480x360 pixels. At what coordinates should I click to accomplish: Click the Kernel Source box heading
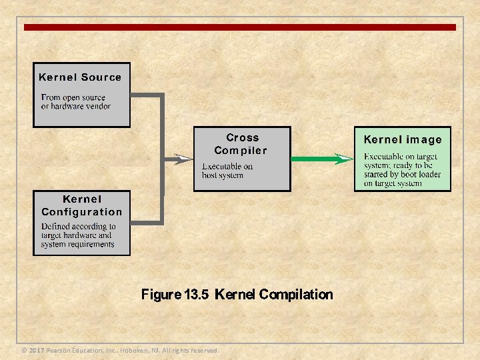click(x=80, y=77)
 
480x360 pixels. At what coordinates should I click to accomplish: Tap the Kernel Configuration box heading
click(x=82, y=205)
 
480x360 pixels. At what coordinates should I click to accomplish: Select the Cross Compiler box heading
click(x=241, y=144)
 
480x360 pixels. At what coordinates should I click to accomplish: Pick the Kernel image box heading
click(x=403, y=140)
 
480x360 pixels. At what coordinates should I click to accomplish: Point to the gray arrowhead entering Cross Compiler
click(x=183, y=159)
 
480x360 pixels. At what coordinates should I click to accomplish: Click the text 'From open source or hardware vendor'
click(x=75, y=102)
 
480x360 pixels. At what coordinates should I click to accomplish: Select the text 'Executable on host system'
click(x=227, y=171)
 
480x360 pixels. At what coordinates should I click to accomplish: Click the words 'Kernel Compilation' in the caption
click(x=274, y=295)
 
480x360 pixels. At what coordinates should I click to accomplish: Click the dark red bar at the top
click(x=240, y=27)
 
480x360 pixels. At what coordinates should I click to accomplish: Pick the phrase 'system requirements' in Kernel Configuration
click(x=77, y=244)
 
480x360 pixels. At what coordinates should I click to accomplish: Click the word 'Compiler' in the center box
click(x=241, y=151)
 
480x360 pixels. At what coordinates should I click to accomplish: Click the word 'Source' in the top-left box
click(x=101, y=77)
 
